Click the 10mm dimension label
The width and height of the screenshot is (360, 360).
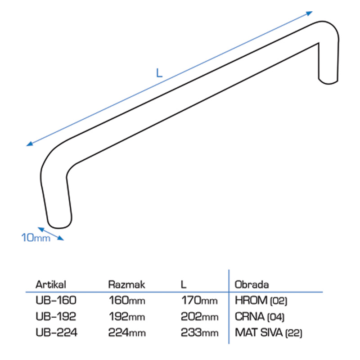[36, 238]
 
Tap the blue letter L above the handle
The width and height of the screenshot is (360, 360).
[159, 73]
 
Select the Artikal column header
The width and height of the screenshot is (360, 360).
[51, 284]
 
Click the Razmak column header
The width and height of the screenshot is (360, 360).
[126, 284]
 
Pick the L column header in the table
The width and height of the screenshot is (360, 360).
[184, 284]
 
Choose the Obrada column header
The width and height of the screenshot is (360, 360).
[252, 284]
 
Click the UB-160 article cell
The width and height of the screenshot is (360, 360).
[56, 300]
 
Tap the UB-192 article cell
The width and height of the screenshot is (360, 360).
[56, 316]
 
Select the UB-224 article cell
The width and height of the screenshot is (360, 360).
[57, 332]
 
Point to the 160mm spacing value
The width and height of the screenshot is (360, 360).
[127, 300]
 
